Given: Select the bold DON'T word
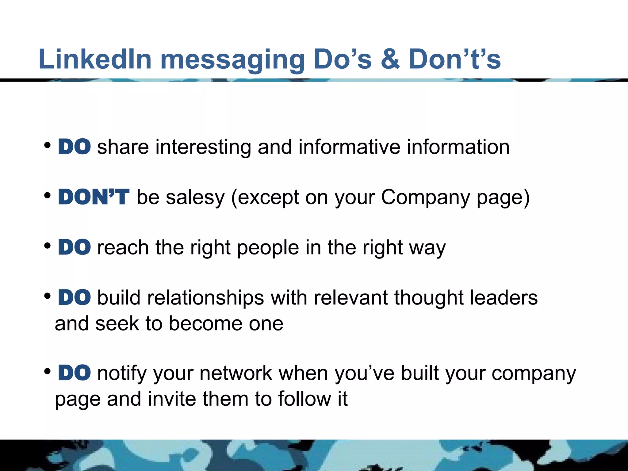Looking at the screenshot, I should (x=94, y=197).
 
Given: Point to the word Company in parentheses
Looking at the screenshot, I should (x=425, y=198).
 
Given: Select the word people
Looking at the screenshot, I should (x=268, y=248).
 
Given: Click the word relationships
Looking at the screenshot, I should (x=205, y=298).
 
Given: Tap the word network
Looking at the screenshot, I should (x=236, y=373).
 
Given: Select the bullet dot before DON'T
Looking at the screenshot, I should (x=48, y=195).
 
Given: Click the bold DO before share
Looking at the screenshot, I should (x=75, y=147).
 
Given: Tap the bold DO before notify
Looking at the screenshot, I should (x=75, y=373).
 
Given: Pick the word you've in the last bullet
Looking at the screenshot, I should (x=364, y=374).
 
